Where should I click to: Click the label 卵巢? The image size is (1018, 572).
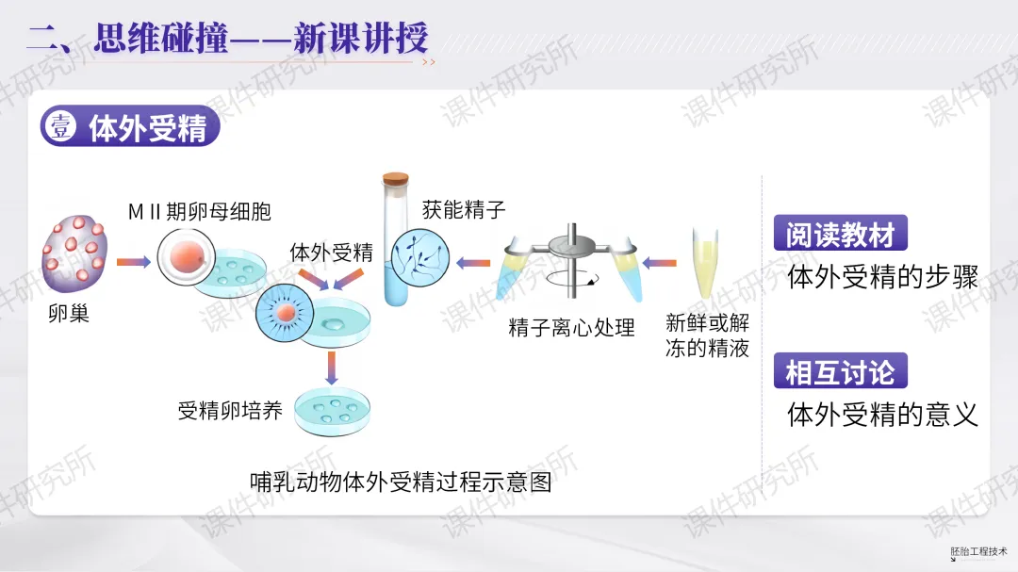click(x=69, y=314)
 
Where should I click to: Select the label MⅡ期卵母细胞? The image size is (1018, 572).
click(x=200, y=211)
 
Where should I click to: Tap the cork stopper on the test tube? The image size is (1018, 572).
click(x=396, y=178)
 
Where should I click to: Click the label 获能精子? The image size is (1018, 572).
click(x=465, y=209)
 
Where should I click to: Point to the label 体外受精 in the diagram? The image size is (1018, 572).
click(x=331, y=253)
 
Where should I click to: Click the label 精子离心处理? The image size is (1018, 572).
click(x=571, y=328)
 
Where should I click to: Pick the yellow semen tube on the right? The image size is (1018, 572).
click(x=704, y=263)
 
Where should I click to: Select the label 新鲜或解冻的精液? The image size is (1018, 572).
click(x=707, y=335)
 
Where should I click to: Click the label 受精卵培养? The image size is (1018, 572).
click(x=230, y=411)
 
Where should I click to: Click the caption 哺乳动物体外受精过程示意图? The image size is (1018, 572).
click(x=401, y=482)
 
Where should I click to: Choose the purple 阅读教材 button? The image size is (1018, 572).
click(x=840, y=235)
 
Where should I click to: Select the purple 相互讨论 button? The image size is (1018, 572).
click(x=840, y=371)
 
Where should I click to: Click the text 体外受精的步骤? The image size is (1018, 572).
click(x=882, y=277)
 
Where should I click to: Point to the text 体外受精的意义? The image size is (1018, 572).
click(x=882, y=415)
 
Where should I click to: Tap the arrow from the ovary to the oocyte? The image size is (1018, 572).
click(x=133, y=261)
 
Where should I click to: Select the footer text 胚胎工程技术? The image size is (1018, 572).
click(x=979, y=551)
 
